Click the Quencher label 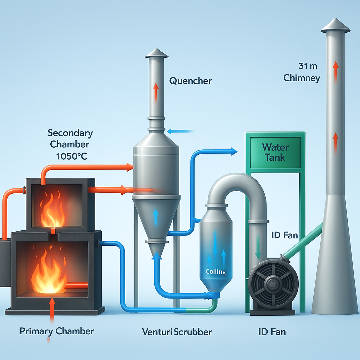point(191,81)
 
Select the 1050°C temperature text point(72,156)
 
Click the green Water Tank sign point(275,152)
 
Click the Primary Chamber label point(57,331)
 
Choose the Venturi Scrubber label point(177,331)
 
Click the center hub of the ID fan point(273,282)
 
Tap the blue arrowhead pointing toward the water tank point(233,152)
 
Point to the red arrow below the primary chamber point(52,310)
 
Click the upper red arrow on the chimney point(335,69)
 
